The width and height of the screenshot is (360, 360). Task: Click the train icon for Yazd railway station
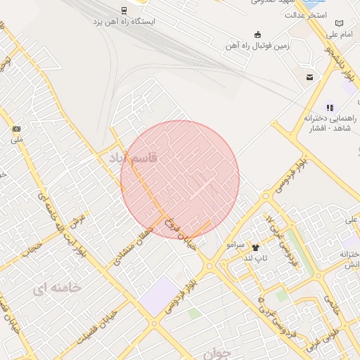(124, 10)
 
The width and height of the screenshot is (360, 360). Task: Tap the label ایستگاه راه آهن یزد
(124, 21)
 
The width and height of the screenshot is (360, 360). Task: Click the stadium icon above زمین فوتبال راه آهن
(257, 34)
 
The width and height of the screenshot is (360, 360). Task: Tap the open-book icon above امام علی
(340, 23)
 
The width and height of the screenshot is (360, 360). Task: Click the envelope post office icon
(309, 77)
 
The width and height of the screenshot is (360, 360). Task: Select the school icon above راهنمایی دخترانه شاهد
(330, 108)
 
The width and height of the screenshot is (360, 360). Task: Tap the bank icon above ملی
(16, 129)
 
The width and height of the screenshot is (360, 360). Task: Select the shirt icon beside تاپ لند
(255, 247)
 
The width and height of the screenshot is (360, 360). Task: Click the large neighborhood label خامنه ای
(56, 288)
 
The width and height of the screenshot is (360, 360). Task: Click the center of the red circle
(180, 179)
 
